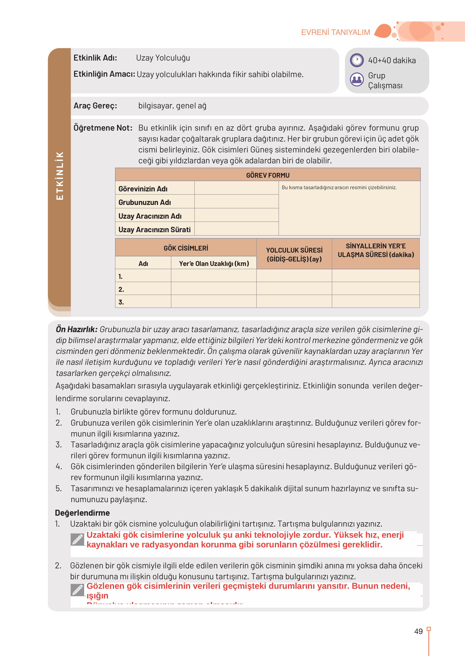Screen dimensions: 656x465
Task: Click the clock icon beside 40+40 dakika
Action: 357,60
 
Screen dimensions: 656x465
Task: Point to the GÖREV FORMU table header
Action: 268,175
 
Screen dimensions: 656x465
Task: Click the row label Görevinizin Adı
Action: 143,189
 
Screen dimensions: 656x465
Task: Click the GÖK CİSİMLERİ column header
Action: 186,248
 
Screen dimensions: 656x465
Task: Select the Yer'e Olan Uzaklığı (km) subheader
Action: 214,263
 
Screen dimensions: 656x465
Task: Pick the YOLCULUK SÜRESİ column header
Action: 294,254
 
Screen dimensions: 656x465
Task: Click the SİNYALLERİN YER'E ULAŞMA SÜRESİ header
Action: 376,250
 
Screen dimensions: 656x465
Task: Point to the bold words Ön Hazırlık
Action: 77,330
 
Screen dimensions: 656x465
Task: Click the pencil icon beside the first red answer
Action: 77,540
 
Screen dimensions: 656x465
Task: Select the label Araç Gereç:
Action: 95,106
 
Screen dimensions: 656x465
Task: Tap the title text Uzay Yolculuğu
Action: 163,58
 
